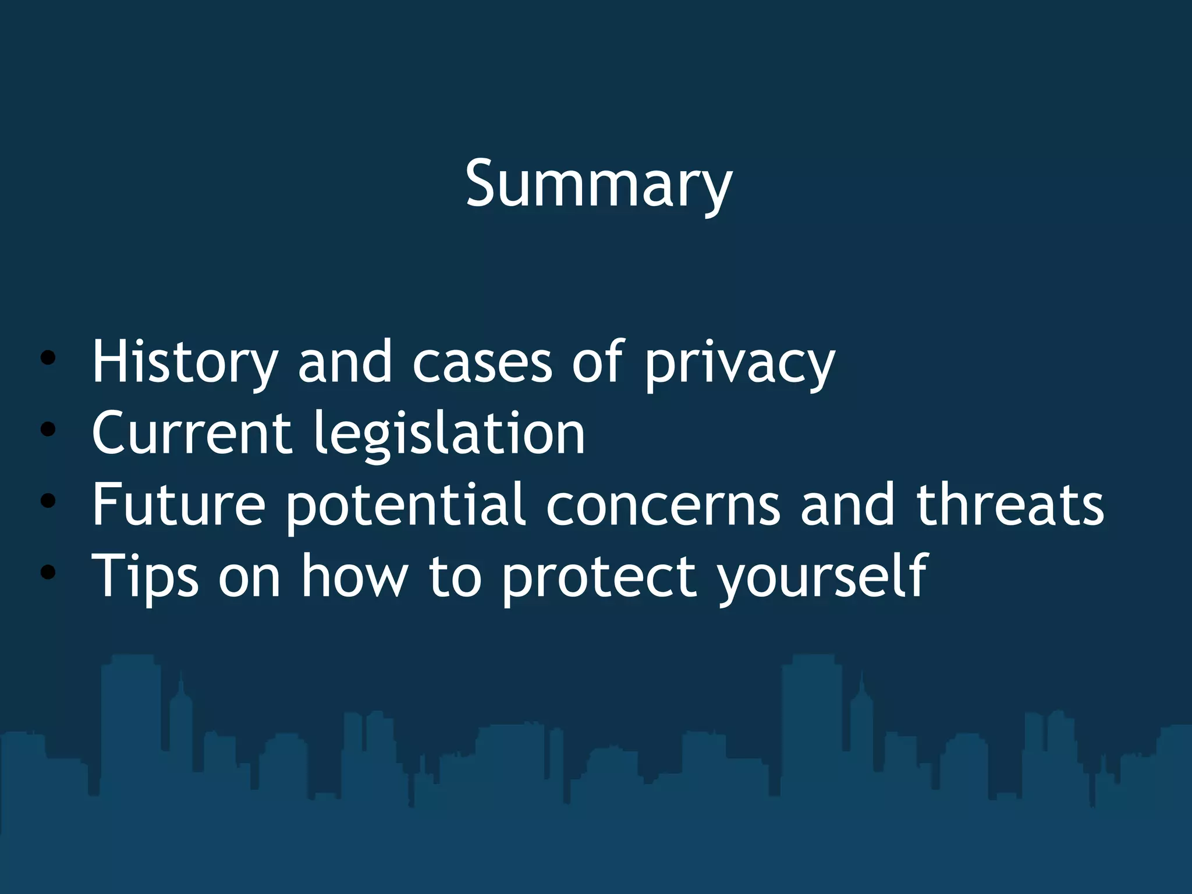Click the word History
click(x=185, y=362)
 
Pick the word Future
click(x=179, y=504)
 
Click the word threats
click(x=1010, y=504)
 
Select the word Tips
click(x=145, y=576)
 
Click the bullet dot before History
click(x=48, y=358)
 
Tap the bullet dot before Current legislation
click(x=48, y=430)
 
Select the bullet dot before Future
click(x=48, y=501)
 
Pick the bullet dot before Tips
click(x=48, y=572)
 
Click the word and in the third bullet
click(x=847, y=504)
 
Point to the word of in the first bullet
click(x=598, y=362)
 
